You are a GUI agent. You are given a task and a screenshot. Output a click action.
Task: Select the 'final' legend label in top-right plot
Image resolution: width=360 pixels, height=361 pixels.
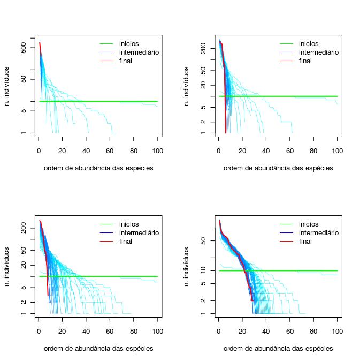[305, 61]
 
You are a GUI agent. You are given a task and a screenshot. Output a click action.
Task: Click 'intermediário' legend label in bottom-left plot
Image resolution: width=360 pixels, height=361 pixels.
[139, 233]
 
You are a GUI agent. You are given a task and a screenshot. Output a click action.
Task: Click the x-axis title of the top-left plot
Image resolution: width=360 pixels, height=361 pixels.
[98, 168]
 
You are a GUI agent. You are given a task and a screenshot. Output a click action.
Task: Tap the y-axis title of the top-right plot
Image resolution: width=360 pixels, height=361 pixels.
[186, 86]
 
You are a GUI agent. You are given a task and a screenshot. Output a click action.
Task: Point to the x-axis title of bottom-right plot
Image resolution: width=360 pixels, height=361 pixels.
[278, 348]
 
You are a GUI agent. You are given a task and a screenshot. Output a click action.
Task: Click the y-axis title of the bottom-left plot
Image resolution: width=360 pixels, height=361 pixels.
[6, 266]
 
